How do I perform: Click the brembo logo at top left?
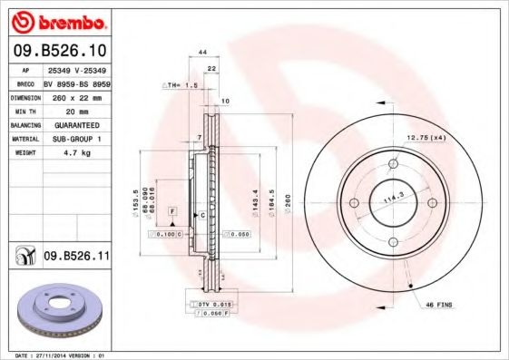tap(58, 21)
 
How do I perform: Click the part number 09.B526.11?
tap(77, 258)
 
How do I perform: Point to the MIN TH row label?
tap(24, 112)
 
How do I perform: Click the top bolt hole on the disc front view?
tap(393, 163)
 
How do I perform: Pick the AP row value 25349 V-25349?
tap(77, 69)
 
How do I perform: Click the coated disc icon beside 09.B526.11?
tap(20, 258)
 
